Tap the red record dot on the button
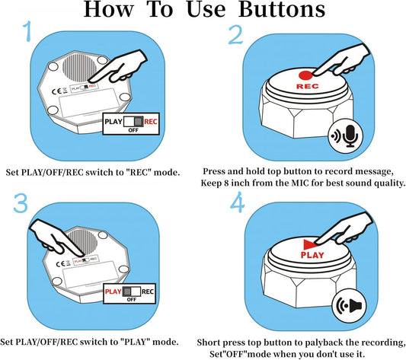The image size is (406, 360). pyautogui.click(x=306, y=76)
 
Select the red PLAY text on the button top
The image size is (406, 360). pyautogui.click(x=313, y=256)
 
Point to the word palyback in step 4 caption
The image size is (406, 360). pyautogui.click(x=315, y=342)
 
